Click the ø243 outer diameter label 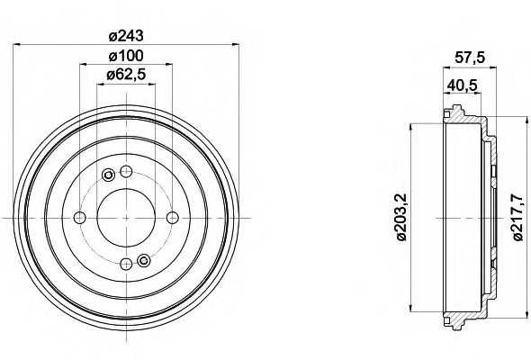coord(126,36)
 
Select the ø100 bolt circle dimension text coord(126,56)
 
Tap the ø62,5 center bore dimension coord(126,75)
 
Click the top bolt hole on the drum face coord(126,172)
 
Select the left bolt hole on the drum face coord(80,218)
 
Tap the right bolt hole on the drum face coord(172,217)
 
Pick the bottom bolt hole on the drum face coord(126,264)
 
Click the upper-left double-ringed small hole coord(109,175)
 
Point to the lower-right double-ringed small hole coord(143,261)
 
